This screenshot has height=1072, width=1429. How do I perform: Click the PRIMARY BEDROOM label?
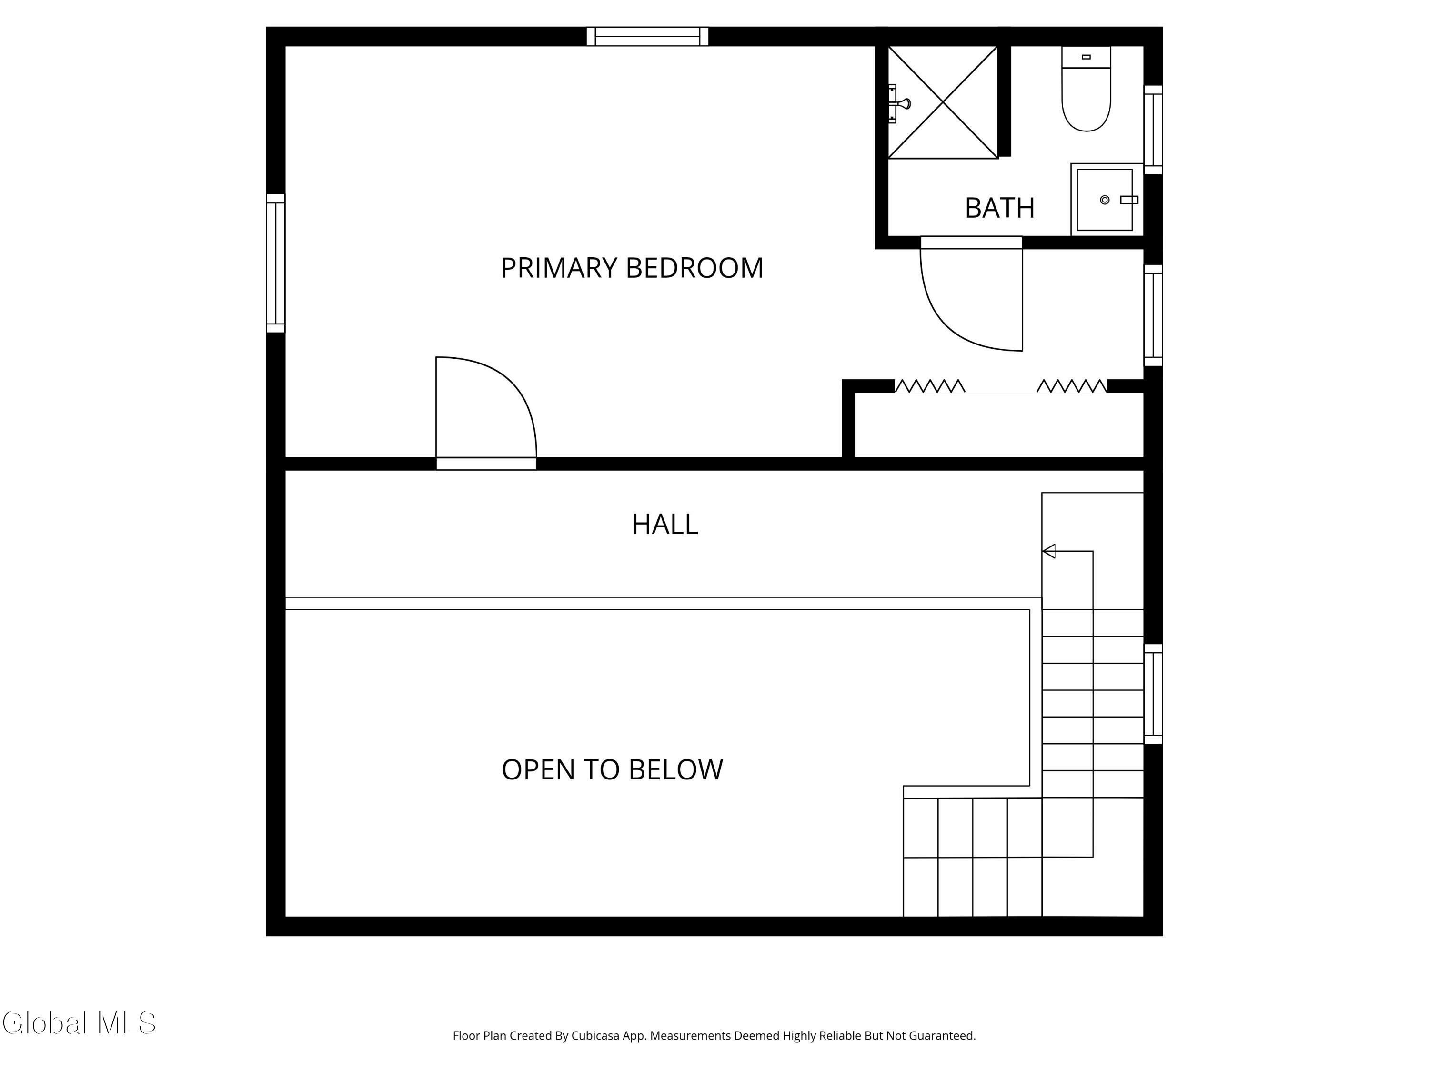point(632,267)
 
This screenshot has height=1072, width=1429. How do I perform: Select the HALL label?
point(665,524)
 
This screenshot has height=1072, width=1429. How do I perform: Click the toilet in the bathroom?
point(1086,89)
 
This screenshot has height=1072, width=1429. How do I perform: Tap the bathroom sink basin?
point(1105,200)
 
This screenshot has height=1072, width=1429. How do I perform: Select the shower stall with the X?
point(943,102)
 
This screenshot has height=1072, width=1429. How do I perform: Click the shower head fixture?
point(899,103)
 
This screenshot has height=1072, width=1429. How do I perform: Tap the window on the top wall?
point(647,36)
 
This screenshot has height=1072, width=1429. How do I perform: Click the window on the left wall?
point(276,263)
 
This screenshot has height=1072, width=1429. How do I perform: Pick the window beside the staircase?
point(1153,694)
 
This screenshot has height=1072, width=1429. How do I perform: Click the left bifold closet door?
point(930,386)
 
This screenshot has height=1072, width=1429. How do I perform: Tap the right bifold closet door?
point(1072,386)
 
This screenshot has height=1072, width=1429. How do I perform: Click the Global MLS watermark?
point(79,1023)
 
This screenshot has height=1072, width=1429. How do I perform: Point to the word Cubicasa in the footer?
point(595,1036)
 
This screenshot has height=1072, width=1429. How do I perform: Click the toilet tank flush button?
point(1086,57)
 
